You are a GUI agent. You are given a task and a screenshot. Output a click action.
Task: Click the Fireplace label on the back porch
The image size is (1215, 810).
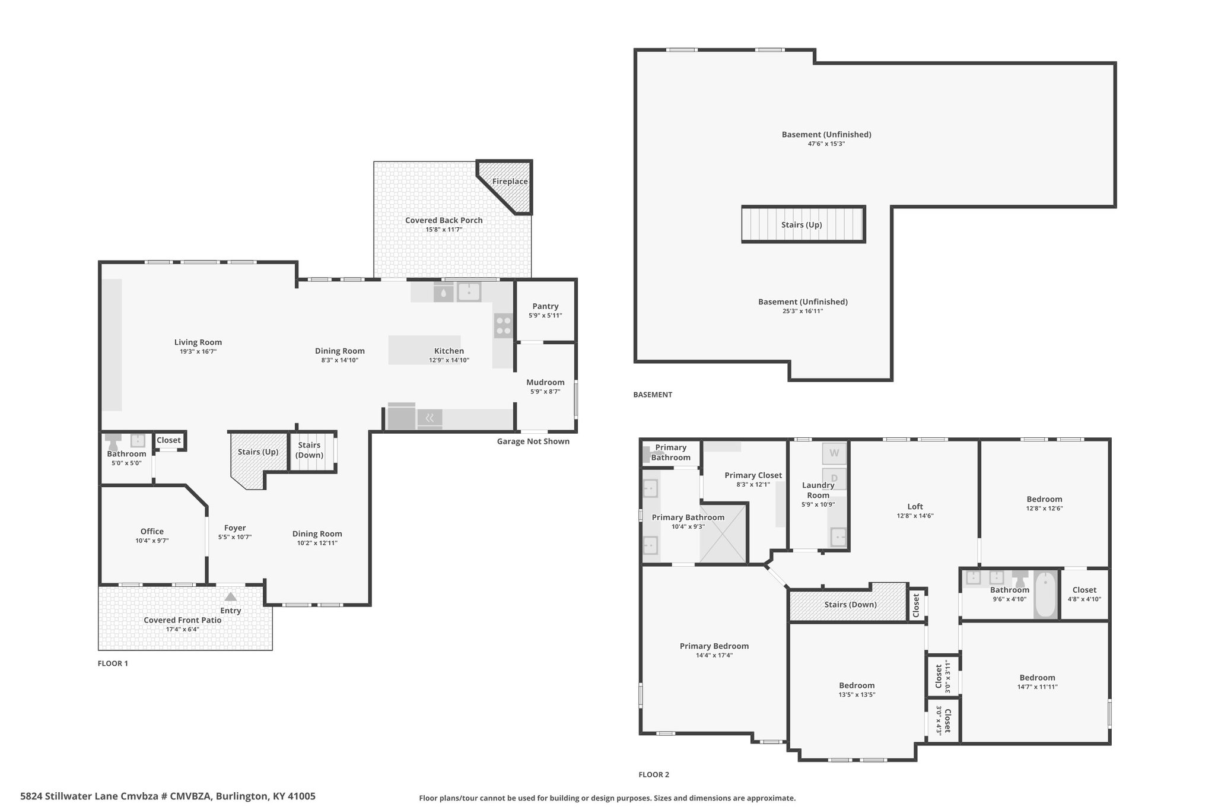(510, 182)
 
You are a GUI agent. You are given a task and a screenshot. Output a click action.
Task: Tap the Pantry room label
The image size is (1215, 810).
(545, 306)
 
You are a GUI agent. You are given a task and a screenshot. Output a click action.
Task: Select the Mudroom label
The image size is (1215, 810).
(545, 382)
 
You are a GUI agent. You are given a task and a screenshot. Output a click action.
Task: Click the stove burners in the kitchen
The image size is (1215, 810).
(504, 326)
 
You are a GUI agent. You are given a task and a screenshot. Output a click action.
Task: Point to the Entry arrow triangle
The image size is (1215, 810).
(231, 597)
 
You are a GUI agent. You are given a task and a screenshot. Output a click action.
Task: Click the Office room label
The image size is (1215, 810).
(152, 531)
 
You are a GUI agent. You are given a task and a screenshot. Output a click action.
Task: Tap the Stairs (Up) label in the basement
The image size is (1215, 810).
(801, 225)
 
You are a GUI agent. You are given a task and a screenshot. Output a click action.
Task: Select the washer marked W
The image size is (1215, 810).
(834, 453)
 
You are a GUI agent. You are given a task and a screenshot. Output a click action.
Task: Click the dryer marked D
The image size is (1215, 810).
(834, 478)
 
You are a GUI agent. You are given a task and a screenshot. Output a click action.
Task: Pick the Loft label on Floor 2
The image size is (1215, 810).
(915, 506)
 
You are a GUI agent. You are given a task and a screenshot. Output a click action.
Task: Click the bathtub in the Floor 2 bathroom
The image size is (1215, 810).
(1046, 595)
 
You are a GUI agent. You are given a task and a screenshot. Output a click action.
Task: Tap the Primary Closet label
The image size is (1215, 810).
(753, 475)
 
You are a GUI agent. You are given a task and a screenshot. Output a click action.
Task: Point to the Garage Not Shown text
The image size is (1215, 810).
(533, 441)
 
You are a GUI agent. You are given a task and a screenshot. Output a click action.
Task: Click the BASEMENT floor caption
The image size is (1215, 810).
(653, 395)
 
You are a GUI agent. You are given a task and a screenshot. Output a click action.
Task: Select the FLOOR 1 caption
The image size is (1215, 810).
(113, 663)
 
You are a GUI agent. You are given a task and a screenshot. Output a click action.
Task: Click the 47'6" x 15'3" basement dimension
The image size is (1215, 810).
(826, 144)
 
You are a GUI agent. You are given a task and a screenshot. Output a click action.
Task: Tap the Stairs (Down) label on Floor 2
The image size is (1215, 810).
(850, 605)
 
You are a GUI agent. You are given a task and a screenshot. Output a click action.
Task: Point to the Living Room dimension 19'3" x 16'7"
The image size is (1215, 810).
(198, 351)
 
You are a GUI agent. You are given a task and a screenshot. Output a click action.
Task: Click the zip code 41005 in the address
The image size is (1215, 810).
(302, 796)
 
